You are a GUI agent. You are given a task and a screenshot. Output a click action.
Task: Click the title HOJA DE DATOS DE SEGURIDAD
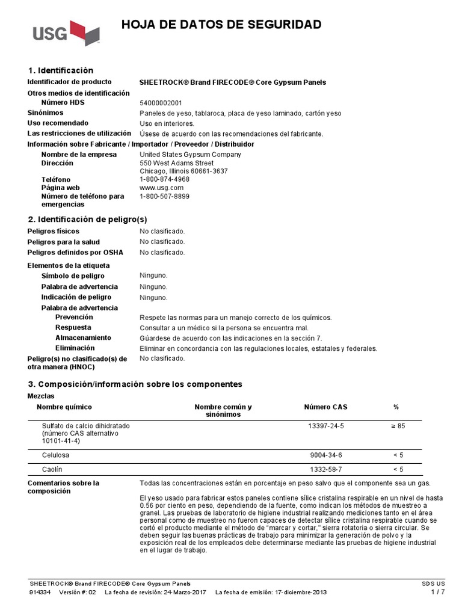(x=221, y=25)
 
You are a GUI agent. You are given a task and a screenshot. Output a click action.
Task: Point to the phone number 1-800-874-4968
(x=164, y=179)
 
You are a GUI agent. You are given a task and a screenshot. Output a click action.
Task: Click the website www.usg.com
(x=161, y=188)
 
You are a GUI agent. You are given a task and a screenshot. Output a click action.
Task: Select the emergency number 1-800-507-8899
(x=164, y=196)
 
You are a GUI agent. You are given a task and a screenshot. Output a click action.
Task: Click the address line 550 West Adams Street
(x=176, y=162)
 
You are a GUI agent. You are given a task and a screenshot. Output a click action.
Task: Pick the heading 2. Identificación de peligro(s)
(x=87, y=219)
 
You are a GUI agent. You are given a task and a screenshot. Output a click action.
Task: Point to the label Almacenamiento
(x=83, y=338)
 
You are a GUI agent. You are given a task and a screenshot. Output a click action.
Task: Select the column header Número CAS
(x=325, y=407)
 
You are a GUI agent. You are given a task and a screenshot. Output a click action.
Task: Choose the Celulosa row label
(x=55, y=455)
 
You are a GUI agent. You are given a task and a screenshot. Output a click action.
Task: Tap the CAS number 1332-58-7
(x=325, y=469)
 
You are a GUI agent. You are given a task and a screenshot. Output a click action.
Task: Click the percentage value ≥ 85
(x=398, y=425)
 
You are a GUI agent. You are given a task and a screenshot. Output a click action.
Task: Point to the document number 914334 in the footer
(x=39, y=593)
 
